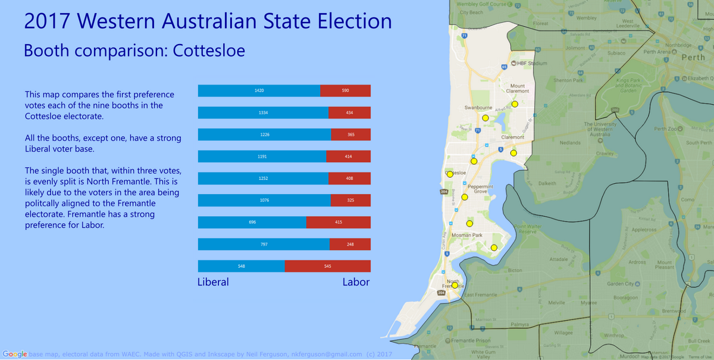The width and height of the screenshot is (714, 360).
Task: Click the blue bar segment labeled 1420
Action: tap(259, 90)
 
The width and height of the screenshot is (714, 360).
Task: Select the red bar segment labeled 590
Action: tap(345, 90)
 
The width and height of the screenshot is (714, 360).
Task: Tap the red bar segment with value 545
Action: tap(327, 266)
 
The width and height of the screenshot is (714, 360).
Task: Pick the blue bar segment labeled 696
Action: tap(252, 222)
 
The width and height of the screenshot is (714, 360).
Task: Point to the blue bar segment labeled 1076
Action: tap(264, 200)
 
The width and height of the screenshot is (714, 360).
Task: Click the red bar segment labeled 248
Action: tap(350, 244)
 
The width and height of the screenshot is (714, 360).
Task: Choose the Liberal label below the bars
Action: tap(213, 282)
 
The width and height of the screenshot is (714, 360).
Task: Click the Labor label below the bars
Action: tap(356, 282)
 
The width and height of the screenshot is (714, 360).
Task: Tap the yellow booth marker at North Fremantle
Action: tap(455, 285)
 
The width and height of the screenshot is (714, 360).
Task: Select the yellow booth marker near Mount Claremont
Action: tap(515, 104)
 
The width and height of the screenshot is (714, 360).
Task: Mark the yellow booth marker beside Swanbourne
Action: tap(486, 118)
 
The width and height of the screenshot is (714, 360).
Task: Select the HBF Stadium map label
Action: tap(531, 63)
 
